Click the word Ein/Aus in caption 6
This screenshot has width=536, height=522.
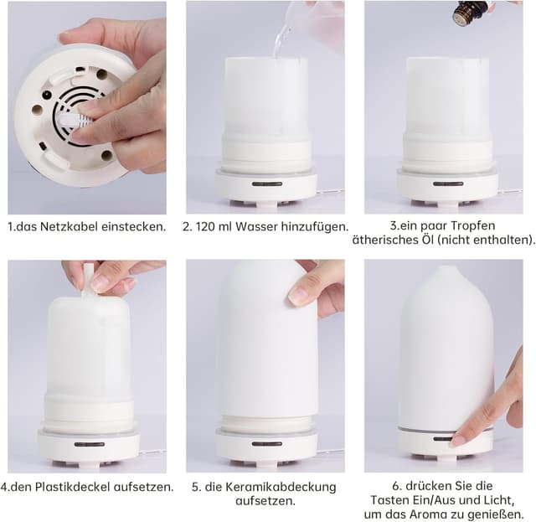(x=425, y=500)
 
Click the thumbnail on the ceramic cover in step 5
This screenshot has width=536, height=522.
(x=299, y=297)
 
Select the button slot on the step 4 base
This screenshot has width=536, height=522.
(x=89, y=444)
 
